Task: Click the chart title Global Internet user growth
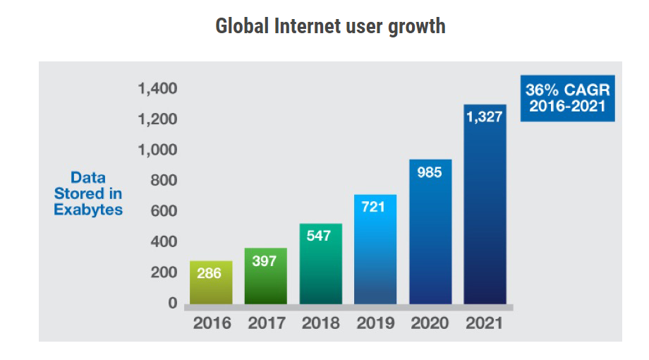[x=330, y=26]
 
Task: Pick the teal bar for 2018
[x=320, y=264]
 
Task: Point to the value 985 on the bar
[x=430, y=172]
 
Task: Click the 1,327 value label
[x=485, y=117]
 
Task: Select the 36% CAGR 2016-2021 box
[x=567, y=99]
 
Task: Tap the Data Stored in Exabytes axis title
[x=88, y=194]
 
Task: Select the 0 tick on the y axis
[x=172, y=303]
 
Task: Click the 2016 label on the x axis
[x=212, y=323]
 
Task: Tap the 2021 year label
[x=484, y=323]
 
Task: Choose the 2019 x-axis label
[x=375, y=323]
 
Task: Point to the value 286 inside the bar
[x=210, y=273]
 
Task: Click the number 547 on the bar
[x=320, y=236]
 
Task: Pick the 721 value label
[x=375, y=208]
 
